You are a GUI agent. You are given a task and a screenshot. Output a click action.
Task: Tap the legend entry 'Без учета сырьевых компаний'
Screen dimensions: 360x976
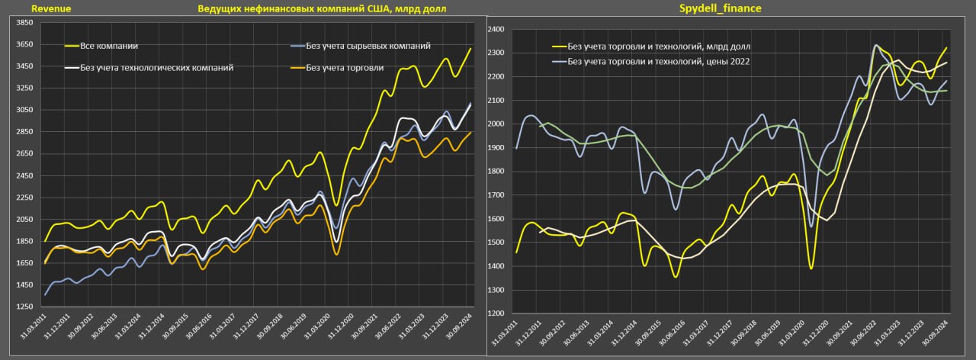click(x=368, y=46)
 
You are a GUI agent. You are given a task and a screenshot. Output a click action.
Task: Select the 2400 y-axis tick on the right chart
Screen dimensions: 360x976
click(x=496, y=29)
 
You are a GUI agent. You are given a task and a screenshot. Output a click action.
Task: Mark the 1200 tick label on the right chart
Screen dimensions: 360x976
click(x=496, y=313)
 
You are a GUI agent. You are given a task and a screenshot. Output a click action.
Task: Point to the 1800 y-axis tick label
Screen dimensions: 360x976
click(x=496, y=172)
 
